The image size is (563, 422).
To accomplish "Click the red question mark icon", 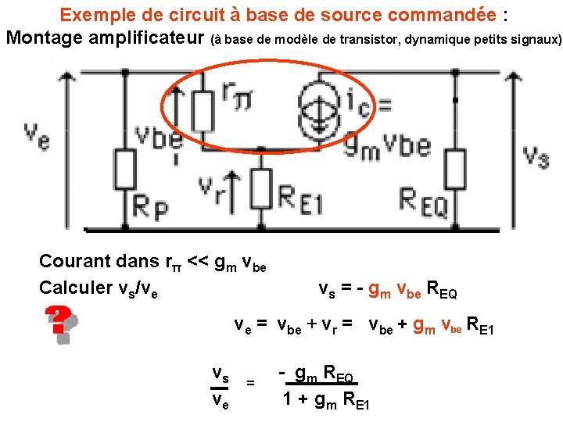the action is click(x=58, y=320).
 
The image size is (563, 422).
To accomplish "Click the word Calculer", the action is click(x=74, y=288).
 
